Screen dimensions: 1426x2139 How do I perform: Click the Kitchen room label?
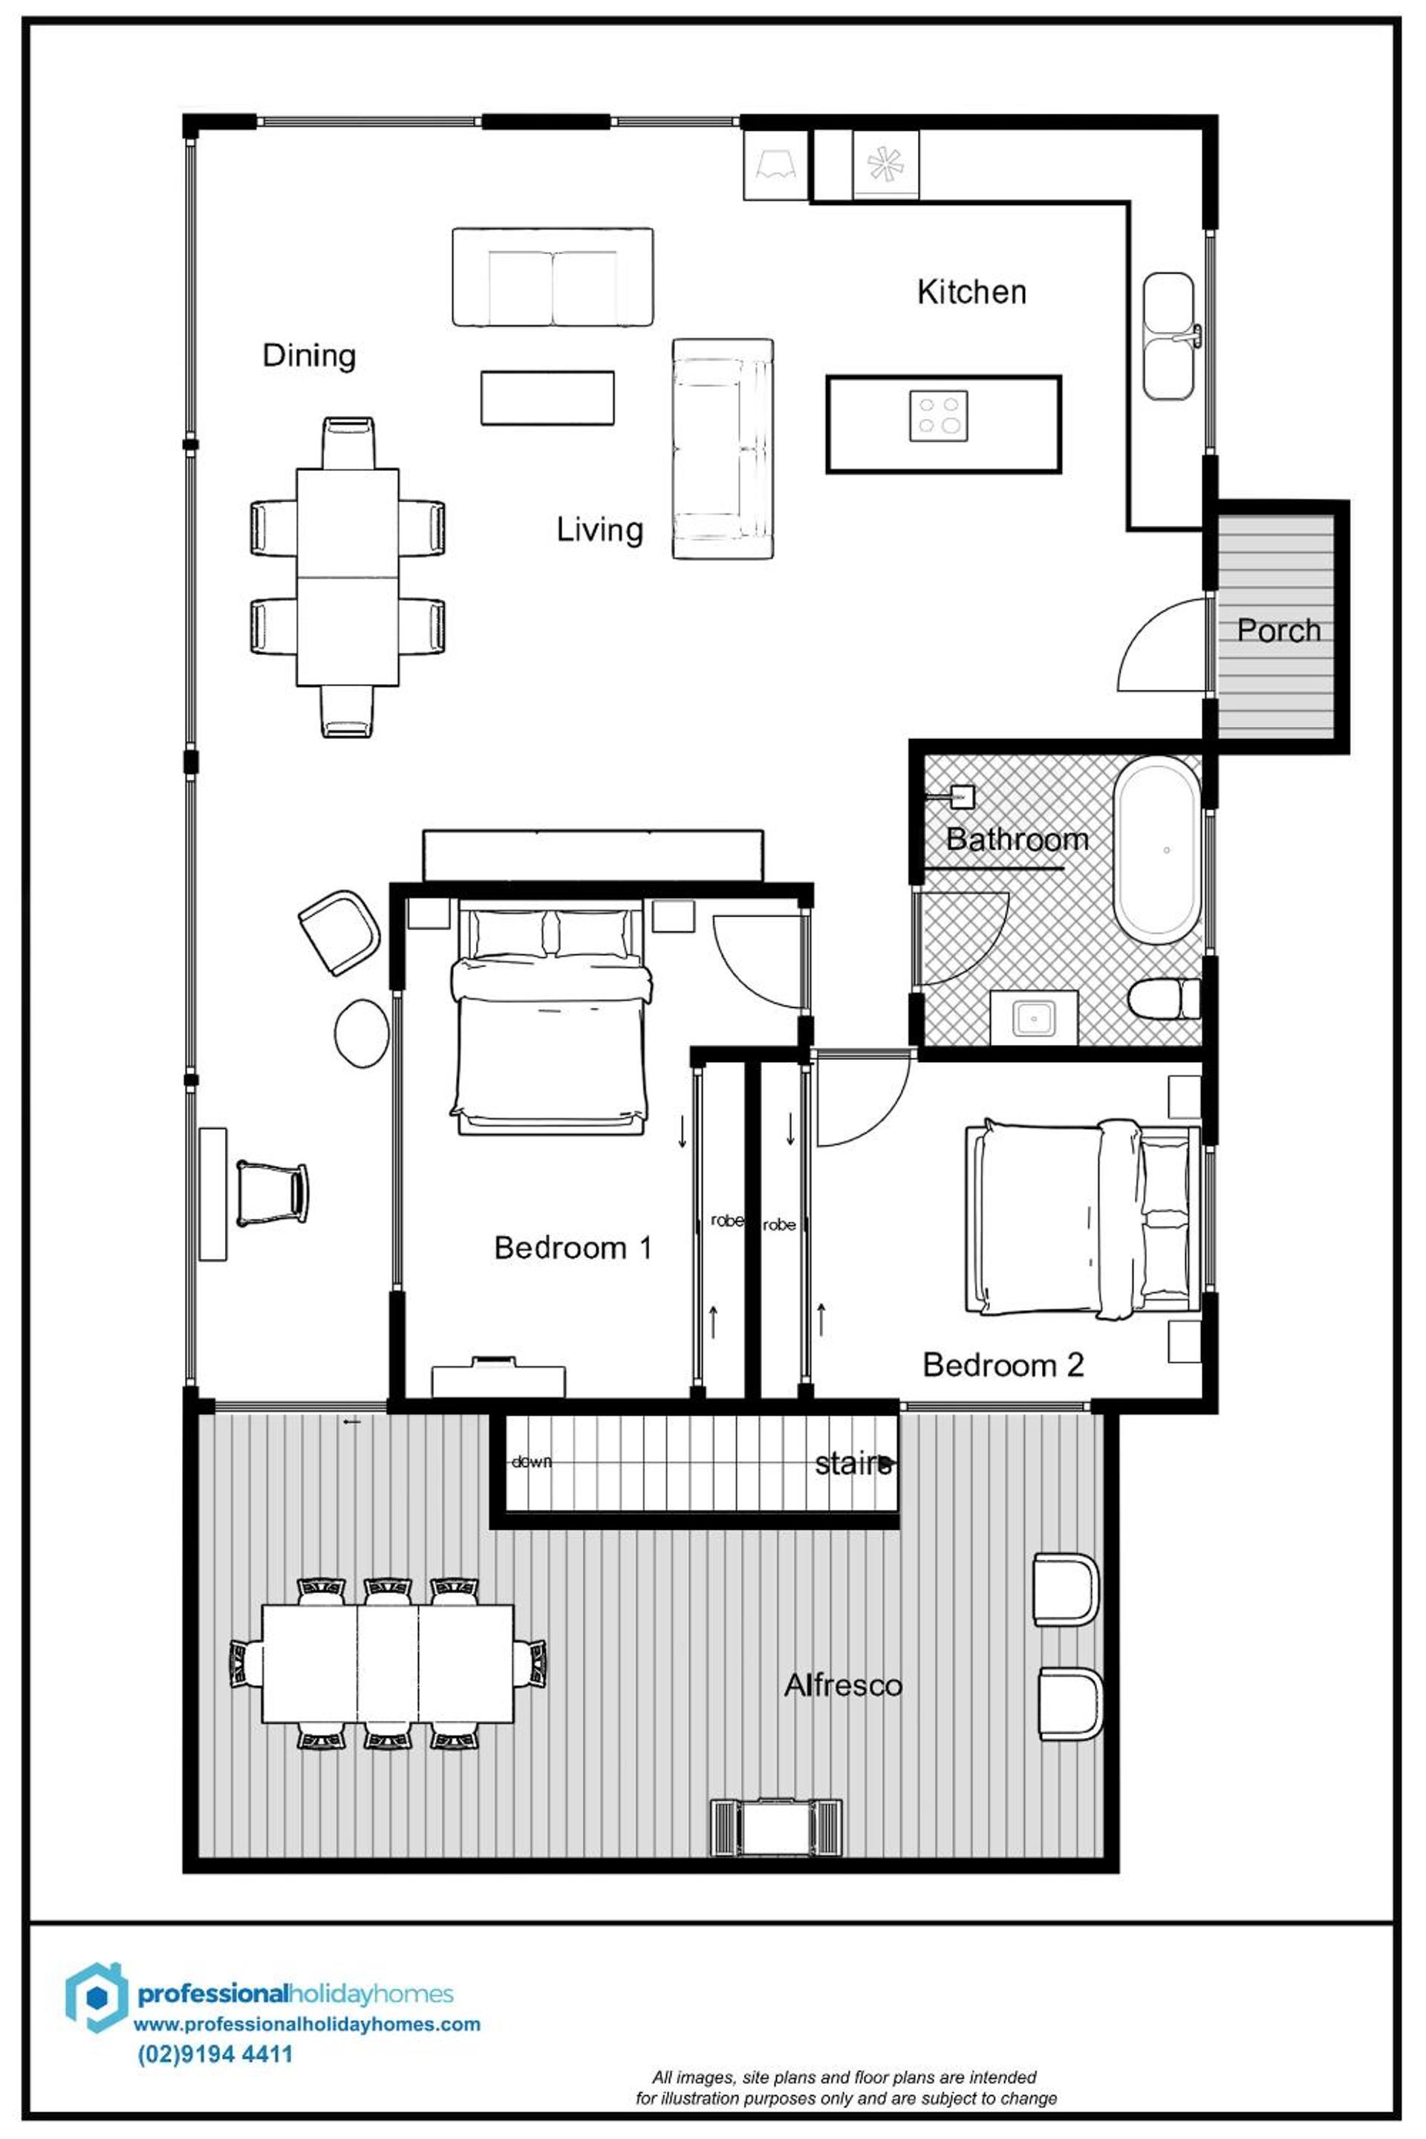[971, 292]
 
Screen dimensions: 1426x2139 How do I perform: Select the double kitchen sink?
[1168, 336]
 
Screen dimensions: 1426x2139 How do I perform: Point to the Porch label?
[1277, 631]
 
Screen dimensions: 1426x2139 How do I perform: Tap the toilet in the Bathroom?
[1164, 998]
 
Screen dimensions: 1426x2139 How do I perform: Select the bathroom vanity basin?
[1034, 1018]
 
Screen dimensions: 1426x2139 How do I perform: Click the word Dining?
[309, 355]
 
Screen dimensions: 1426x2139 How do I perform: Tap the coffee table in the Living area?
[547, 397]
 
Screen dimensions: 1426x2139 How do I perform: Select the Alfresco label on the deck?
[843, 1685]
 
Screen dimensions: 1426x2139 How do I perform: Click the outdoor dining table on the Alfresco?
[388, 1664]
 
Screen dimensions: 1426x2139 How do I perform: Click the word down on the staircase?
[531, 1462]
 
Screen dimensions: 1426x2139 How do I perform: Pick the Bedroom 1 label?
[573, 1248]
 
